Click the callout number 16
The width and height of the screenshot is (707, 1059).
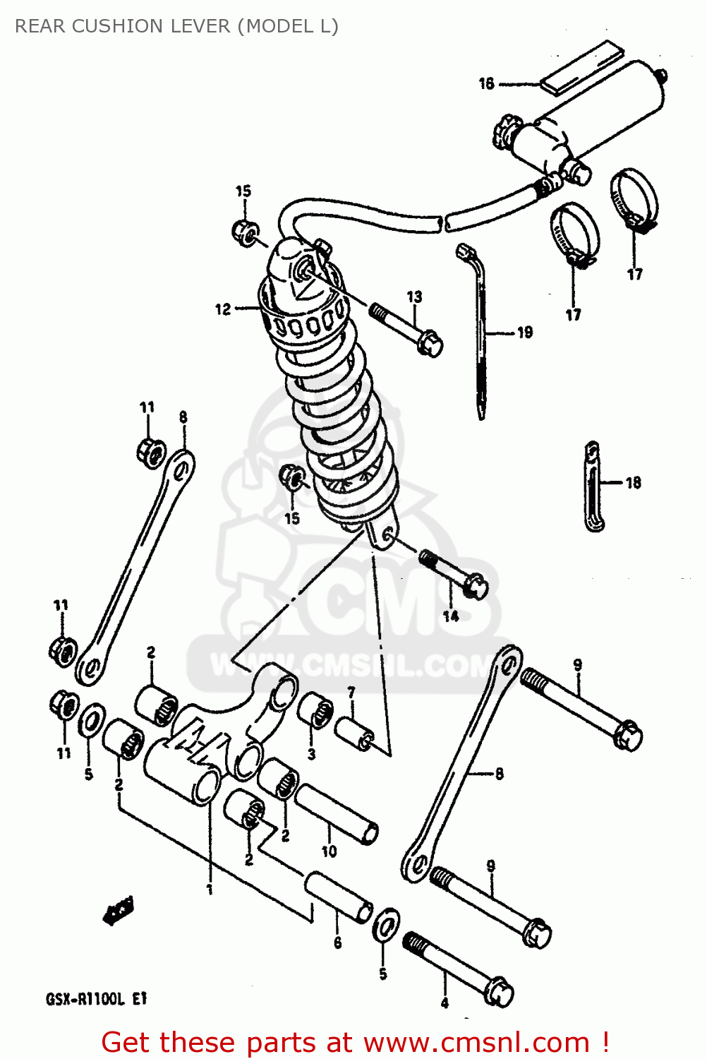tap(487, 83)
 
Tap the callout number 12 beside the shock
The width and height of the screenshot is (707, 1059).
tap(223, 309)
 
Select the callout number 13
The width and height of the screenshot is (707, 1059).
tap(414, 297)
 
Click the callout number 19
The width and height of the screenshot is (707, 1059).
tap(525, 333)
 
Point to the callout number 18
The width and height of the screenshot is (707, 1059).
tap(634, 483)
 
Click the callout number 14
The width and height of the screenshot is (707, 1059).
tap(451, 616)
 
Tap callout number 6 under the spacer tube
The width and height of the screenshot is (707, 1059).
tap(338, 943)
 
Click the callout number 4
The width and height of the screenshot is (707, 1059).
tap(445, 1003)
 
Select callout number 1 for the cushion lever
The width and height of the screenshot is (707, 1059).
tap(210, 889)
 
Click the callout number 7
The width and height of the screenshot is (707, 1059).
tap(351, 693)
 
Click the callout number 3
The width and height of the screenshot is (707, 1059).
tap(312, 754)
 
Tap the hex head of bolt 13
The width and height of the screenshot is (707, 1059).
tap(429, 344)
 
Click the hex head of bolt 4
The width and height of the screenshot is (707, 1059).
tap(500, 992)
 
